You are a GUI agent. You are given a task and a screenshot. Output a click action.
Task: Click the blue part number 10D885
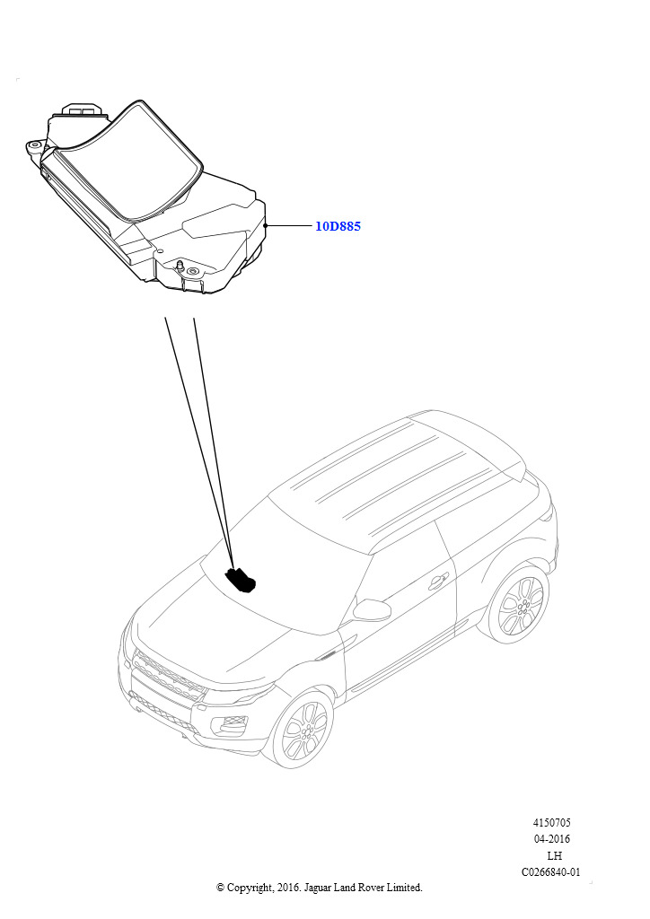(338, 226)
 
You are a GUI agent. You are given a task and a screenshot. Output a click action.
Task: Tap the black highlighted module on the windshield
(242, 579)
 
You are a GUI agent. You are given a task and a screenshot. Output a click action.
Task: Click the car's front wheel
(303, 730)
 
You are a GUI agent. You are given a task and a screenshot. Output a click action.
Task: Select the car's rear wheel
(519, 604)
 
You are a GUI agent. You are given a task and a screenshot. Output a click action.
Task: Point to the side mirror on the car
(372, 610)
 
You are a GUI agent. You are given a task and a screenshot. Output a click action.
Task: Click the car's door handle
(436, 582)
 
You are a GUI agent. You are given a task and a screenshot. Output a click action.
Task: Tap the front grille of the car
(168, 677)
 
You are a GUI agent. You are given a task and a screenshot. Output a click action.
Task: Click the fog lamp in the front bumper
(233, 726)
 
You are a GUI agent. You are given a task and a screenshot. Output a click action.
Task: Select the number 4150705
(551, 823)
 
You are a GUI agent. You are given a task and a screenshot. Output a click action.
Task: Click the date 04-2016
(551, 839)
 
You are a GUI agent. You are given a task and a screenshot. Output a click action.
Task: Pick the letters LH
(554, 855)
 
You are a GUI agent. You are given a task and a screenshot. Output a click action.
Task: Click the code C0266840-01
(551, 872)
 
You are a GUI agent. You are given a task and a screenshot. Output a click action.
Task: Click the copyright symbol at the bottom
(220, 888)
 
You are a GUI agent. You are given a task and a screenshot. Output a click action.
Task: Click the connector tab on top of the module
(82, 109)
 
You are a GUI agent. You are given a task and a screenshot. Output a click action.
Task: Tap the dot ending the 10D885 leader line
(266, 225)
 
